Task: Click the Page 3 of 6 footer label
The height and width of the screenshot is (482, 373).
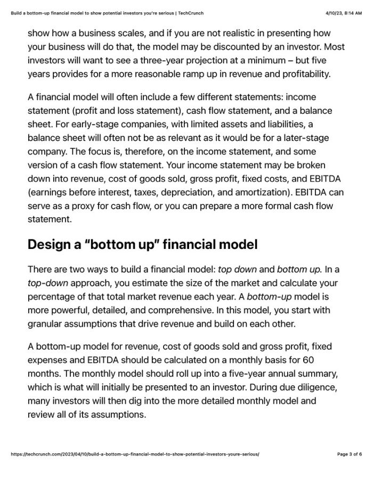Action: coord(350,454)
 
